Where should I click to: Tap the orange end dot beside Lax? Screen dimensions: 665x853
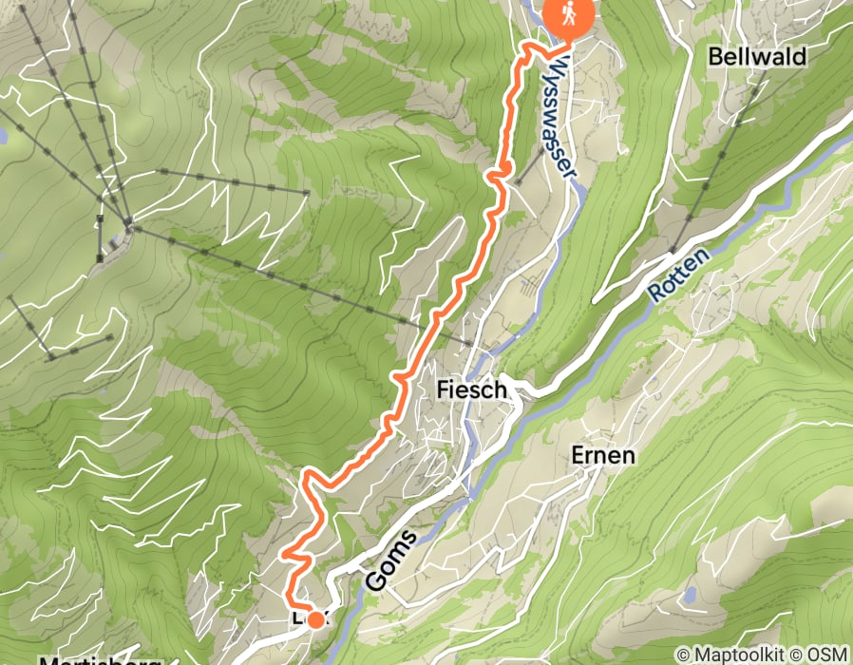tap(315, 620)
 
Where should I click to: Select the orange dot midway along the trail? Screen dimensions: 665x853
tap(505, 168)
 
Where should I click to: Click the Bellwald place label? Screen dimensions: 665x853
tap(757, 57)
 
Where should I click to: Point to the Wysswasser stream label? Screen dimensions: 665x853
tap(563, 123)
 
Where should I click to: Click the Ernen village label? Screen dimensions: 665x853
tap(603, 455)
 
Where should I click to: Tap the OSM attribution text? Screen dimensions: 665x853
tap(827, 655)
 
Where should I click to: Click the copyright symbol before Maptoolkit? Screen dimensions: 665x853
tap(683, 655)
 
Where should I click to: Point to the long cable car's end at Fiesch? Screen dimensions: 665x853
tap(471, 343)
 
